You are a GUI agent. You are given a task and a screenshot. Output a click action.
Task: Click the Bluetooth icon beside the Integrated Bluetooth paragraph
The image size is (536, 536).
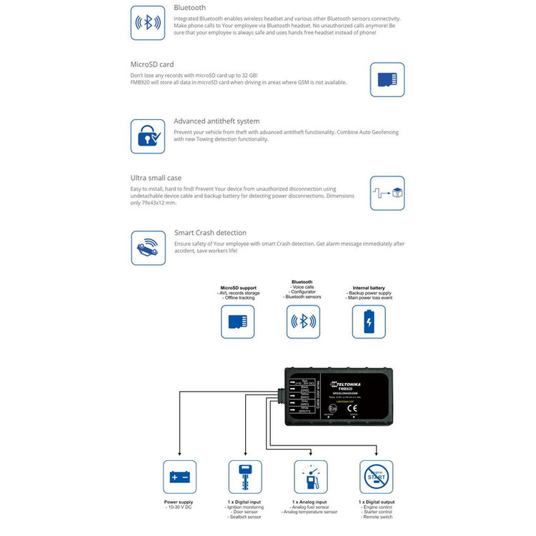tap(147, 23)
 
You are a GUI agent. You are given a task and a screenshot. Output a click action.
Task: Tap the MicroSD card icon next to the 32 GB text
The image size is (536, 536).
tap(387, 79)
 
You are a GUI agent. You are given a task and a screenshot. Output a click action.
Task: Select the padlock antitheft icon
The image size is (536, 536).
tap(147, 136)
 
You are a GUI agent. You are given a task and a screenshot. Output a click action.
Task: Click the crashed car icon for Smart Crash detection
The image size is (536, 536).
tap(147, 247)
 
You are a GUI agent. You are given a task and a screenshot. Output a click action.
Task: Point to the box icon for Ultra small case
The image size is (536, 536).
tap(387, 192)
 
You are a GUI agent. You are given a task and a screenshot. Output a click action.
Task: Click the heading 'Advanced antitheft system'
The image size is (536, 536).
tap(217, 121)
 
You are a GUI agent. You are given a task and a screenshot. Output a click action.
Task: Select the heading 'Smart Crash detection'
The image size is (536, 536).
tap(210, 233)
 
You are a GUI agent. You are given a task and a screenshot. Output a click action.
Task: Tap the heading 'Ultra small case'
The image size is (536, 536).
tap(156, 177)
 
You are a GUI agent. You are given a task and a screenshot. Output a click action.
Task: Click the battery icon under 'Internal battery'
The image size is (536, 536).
tap(368, 322)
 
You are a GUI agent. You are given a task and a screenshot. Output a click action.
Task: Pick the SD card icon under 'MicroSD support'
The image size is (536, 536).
tap(237, 322)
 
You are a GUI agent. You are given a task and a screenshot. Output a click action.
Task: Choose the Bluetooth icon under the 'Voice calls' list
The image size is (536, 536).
tap(303, 322)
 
